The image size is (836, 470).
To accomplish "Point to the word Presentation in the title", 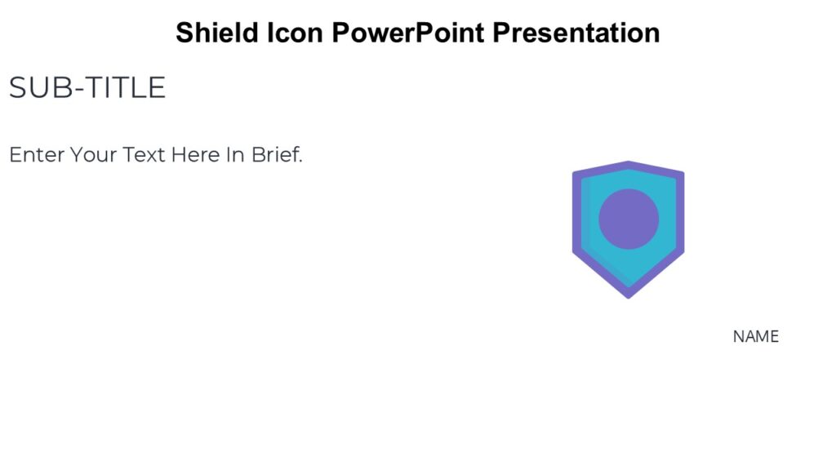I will click(576, 33).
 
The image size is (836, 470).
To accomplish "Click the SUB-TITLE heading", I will click(87, 88).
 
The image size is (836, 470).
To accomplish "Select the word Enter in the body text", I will click(37, 154).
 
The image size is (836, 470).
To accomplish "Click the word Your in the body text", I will click(94, 154).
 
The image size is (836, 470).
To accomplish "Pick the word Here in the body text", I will click(196, 154).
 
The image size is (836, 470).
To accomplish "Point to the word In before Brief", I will click(236, 154).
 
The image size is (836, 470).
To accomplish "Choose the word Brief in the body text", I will click(275, 154).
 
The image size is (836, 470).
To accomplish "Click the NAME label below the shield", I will click(755, 336).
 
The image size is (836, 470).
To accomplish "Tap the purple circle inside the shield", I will click(629, 218).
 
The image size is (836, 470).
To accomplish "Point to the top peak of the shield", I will click(629, 163).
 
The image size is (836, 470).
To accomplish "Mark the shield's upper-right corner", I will click(681, 174).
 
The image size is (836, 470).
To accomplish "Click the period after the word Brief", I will click(300, 161).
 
